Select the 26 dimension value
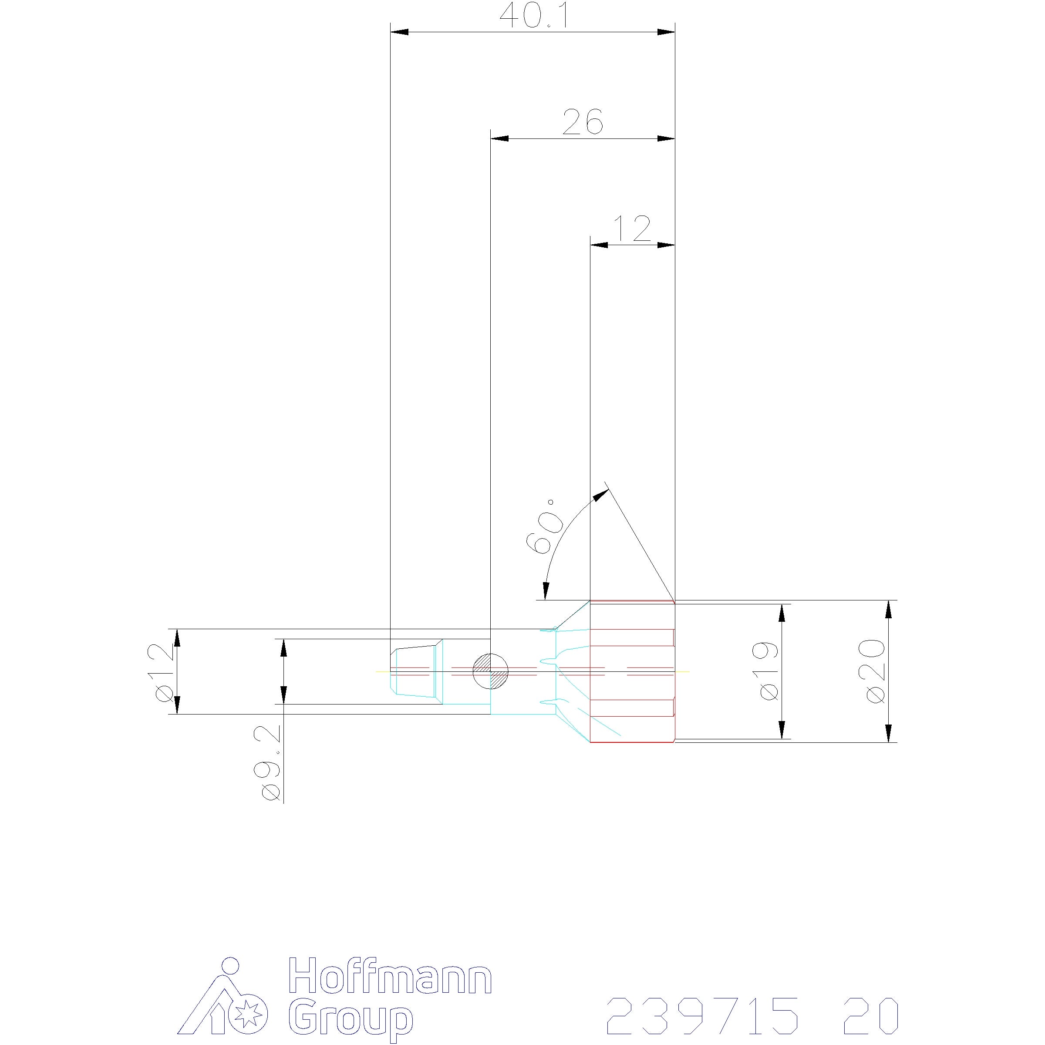coord(583,122)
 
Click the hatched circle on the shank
coord(491,671)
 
